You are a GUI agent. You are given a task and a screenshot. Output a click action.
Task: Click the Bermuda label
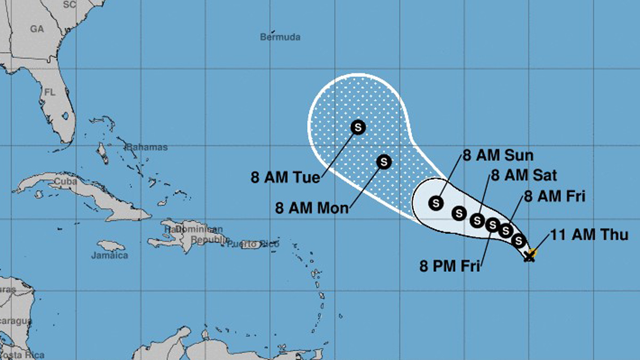pos(280,37)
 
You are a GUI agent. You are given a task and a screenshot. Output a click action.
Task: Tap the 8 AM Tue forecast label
pos(285,177)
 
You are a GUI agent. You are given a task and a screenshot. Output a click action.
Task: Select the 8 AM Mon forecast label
pos(311,207)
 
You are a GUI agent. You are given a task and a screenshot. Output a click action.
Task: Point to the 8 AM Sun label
pos(498,156)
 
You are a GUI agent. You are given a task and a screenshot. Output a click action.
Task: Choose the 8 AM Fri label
pos(555,196)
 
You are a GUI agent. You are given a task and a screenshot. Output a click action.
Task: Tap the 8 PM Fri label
pos(450,266)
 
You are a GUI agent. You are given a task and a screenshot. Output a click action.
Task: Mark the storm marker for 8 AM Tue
pos(358,127)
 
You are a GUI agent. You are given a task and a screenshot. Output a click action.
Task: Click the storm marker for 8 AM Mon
pos(384,161)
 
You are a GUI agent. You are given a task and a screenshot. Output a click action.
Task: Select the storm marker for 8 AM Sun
pos(436,203)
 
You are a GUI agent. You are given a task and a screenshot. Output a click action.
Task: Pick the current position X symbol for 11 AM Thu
pos(529,257)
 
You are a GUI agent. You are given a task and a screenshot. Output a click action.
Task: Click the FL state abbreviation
pos(50,92)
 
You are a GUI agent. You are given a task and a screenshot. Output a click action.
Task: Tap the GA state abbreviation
pos(37,29)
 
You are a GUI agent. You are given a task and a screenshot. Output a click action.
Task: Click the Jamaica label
pos(109,255)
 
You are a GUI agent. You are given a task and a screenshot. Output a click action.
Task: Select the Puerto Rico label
pos(253,244)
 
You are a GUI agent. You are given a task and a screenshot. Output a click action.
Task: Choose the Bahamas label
pos(147,147)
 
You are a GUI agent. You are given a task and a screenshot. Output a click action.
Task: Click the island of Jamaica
pos(111,246)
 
